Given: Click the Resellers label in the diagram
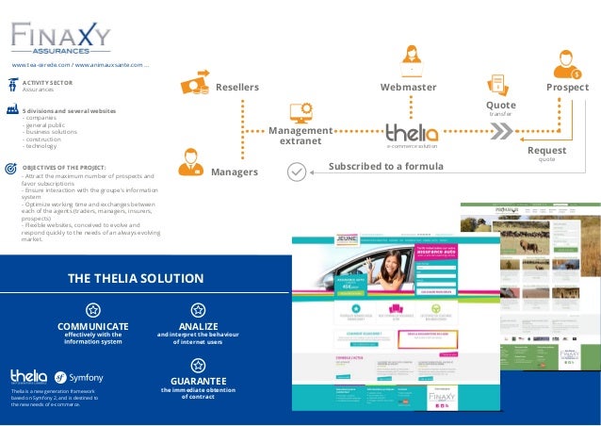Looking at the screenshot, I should (236, 87).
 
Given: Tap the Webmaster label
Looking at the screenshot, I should (408, 87).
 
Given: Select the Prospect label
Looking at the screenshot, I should (566, 87).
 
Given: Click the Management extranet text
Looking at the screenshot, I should (300, 136).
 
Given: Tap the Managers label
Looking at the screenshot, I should (234, 172).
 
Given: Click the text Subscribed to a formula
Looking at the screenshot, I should (385, 167).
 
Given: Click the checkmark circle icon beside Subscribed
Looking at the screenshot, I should (296, 172).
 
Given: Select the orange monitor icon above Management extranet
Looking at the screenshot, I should (300, 112).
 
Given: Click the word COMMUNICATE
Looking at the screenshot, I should (92, 325).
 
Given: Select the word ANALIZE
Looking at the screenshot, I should (198, 325).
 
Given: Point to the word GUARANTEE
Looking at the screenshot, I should (197, 381).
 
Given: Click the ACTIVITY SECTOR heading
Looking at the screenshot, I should (47, 83).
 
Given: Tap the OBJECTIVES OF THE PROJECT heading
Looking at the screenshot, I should (64, 166).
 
